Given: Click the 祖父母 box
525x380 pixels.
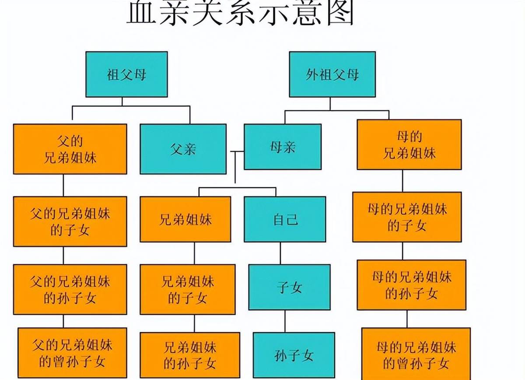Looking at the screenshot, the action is pos(126,74).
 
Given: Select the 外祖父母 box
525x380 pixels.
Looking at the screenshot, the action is pos(332,74).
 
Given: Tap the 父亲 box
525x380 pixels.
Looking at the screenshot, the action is pos(183,149).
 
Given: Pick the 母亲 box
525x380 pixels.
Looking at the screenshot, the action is pos(283,147).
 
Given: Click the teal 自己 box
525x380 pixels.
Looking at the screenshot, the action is pos(285,219).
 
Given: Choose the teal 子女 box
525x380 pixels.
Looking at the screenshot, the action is pos(290,287).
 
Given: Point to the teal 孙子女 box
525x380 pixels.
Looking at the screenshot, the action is pos(294,355).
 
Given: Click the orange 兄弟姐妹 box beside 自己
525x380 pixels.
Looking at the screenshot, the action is pos(185,219).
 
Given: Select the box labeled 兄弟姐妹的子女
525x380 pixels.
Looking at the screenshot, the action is pos(188,289).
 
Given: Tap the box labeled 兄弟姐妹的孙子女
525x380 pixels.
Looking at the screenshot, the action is pos(190,355).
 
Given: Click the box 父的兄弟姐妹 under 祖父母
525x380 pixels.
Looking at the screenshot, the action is pos(70,149).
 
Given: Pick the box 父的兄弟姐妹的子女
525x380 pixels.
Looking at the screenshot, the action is pos(70,222).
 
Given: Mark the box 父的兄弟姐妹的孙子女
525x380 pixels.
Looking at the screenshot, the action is pos(70,289).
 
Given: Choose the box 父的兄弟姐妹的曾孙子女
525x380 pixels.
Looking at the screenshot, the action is pos(73,353).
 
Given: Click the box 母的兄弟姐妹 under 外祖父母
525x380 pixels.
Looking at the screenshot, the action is pos(409,145).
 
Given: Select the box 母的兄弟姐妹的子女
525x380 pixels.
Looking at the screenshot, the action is pos(407,217).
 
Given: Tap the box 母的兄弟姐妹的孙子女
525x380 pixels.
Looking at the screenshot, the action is pos(412,285).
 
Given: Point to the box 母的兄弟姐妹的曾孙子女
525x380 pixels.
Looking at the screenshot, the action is pos(416,354).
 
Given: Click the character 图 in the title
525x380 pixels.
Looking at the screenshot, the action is pos(340,13).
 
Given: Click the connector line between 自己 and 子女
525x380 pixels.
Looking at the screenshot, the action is pos(280,253).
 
